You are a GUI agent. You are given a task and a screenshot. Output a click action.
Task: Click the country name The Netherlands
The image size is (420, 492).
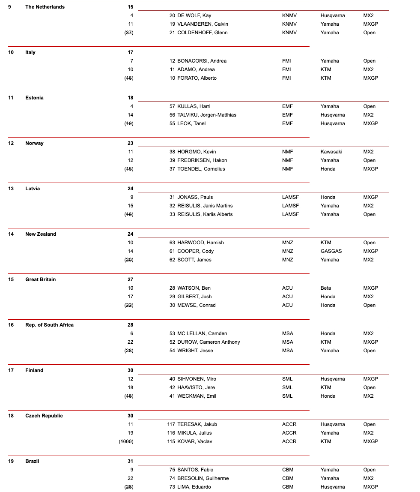click(45, 7)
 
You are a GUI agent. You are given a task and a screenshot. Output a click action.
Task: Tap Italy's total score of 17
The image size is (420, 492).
click(130, 52)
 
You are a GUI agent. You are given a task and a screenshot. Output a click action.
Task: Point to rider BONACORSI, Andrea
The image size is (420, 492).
click(202, 61)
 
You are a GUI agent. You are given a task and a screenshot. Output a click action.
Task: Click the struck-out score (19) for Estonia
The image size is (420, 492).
click(128, 123)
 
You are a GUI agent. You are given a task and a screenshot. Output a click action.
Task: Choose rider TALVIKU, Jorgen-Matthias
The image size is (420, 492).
click(207, 115)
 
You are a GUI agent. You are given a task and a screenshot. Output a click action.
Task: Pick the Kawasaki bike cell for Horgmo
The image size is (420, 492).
click(331, 152)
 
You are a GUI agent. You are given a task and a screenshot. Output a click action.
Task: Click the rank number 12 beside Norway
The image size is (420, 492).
click(11, 143)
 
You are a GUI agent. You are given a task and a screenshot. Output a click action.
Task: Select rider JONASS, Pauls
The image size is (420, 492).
click(195, 197)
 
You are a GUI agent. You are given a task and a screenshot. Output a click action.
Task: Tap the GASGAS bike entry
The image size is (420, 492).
click(331, 251)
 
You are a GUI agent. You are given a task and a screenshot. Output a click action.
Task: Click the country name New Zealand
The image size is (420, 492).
click(41, 234)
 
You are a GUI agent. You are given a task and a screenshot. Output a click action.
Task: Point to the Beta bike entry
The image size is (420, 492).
click(326, 288)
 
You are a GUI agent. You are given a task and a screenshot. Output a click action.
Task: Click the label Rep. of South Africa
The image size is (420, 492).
click(49, 325)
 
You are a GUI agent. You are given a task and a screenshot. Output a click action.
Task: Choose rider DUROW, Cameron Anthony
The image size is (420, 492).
click(209, 342)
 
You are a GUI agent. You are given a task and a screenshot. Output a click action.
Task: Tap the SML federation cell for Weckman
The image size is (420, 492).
click(287, 396)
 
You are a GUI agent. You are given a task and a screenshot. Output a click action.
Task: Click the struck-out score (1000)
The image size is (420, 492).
click(126, 441)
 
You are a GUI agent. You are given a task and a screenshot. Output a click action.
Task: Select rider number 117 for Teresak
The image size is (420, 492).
click(171, 424)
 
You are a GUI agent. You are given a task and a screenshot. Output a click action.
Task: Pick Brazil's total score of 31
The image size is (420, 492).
click(130, 461)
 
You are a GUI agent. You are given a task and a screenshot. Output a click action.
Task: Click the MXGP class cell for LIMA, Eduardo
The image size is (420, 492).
click(370, 487)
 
